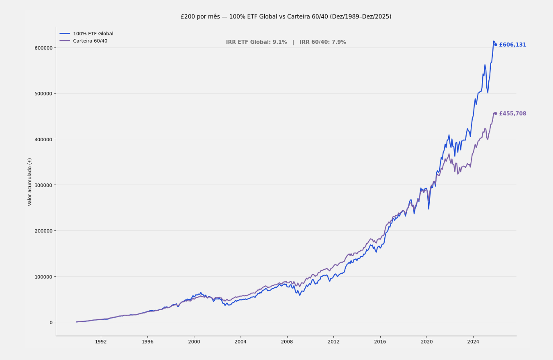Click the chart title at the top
pyautogui.click(x=286, y=16)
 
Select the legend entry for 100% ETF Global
pyautogui.click(x=93, y=34)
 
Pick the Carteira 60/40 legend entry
pyautogui.click(x=90, y=41)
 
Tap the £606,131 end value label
pyautogui.click(x=512, y=45)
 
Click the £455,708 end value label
pyautogui.click(x=512, y=114)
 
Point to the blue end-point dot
pyautogui.click(x=496, y=45)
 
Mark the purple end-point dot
pyautogui.click(x=496, y=114)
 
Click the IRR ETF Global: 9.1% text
pyautogui.click(x=256, y=42)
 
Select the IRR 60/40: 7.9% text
pyautogui.click(x=322, y=42)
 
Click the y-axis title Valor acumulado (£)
pyautogui.click(x=30, y=182)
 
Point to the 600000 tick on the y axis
pyautogui.click(x=43, y=48)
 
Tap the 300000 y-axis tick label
pyautogui.click(x=43, y=185)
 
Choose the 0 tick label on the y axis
pyautogui.click(x=51, y=322)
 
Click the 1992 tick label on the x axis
pyautogui.click(x=101, y=342)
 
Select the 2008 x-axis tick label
pyautogui.click(x=287, y=342)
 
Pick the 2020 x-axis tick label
pyautogui.click(x=426, y=342)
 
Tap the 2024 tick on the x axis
pyautogui.click(x=473, y=342)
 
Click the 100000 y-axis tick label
pyautogui.click(x=43, y=277)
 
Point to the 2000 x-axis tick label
pyautogui.click(x=194, y=342)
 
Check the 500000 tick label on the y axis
pyautogui.click(x=43, y=94)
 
